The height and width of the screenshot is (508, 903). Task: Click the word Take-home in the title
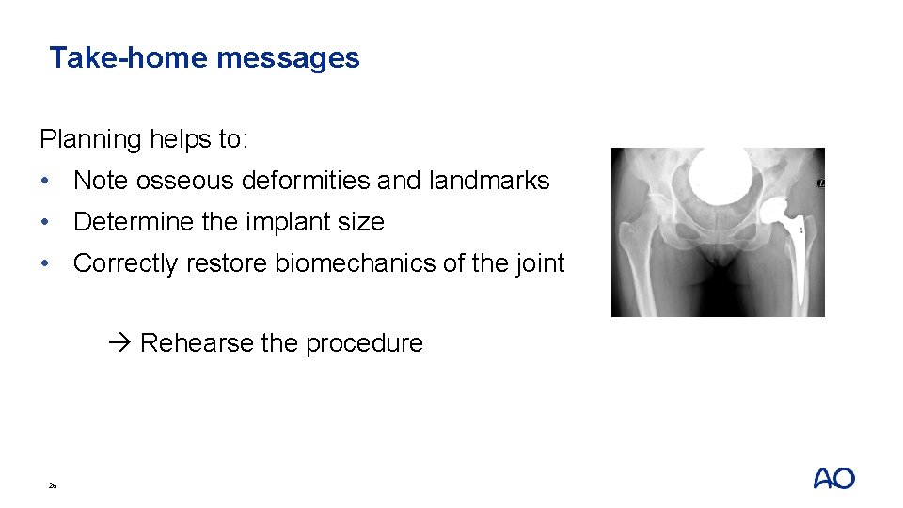129,58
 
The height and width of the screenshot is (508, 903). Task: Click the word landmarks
488,181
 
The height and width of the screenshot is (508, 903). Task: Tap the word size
361,222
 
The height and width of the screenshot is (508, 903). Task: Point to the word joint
539,263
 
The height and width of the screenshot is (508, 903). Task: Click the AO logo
833,479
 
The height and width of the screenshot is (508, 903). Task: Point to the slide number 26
53,485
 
